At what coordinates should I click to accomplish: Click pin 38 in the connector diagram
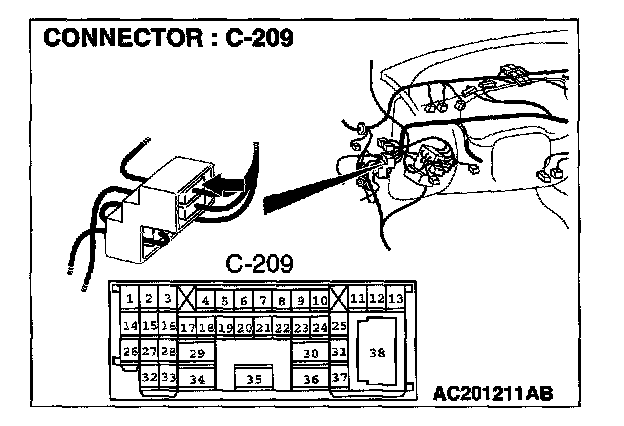(x=377, y=352)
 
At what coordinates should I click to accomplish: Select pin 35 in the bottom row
(x=254, y=379)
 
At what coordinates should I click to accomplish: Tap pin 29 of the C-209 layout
(x=197, y=353)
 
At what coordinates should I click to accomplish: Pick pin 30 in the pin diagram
(x=310, y=353)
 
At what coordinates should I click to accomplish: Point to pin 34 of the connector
(x=197, y=379)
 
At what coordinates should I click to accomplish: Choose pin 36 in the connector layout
(x=310, y=379)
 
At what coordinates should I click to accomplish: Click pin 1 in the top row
(x=130, y=299)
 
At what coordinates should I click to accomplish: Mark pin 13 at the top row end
(x=396, y=298)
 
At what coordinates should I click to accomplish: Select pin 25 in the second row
(x=339, y=326)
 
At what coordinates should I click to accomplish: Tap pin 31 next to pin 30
(x=339, y=352)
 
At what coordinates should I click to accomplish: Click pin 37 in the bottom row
(x=339, y=378)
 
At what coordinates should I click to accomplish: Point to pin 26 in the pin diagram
(x=130, y=352)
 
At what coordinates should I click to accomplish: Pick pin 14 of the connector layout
(x=130, y=326)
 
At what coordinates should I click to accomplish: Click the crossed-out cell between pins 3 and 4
(x=187, y=299)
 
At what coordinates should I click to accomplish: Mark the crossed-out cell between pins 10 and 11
(x=339, y=299)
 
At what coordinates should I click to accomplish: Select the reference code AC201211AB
(x=493, y=393)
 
